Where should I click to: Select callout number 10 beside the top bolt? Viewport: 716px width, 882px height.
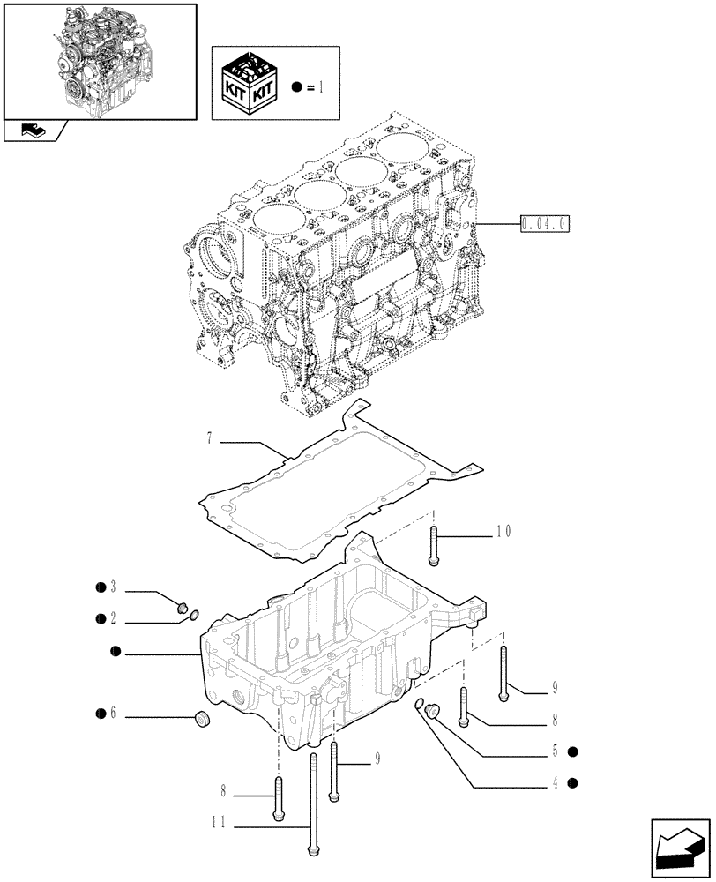(503, 531)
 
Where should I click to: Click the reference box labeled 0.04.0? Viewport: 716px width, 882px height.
(546, 224)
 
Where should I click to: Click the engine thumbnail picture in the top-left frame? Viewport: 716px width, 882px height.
(100, 60)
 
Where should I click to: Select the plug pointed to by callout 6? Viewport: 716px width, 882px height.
(202, 721)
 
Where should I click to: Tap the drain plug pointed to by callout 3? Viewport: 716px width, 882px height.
(183, 606)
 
